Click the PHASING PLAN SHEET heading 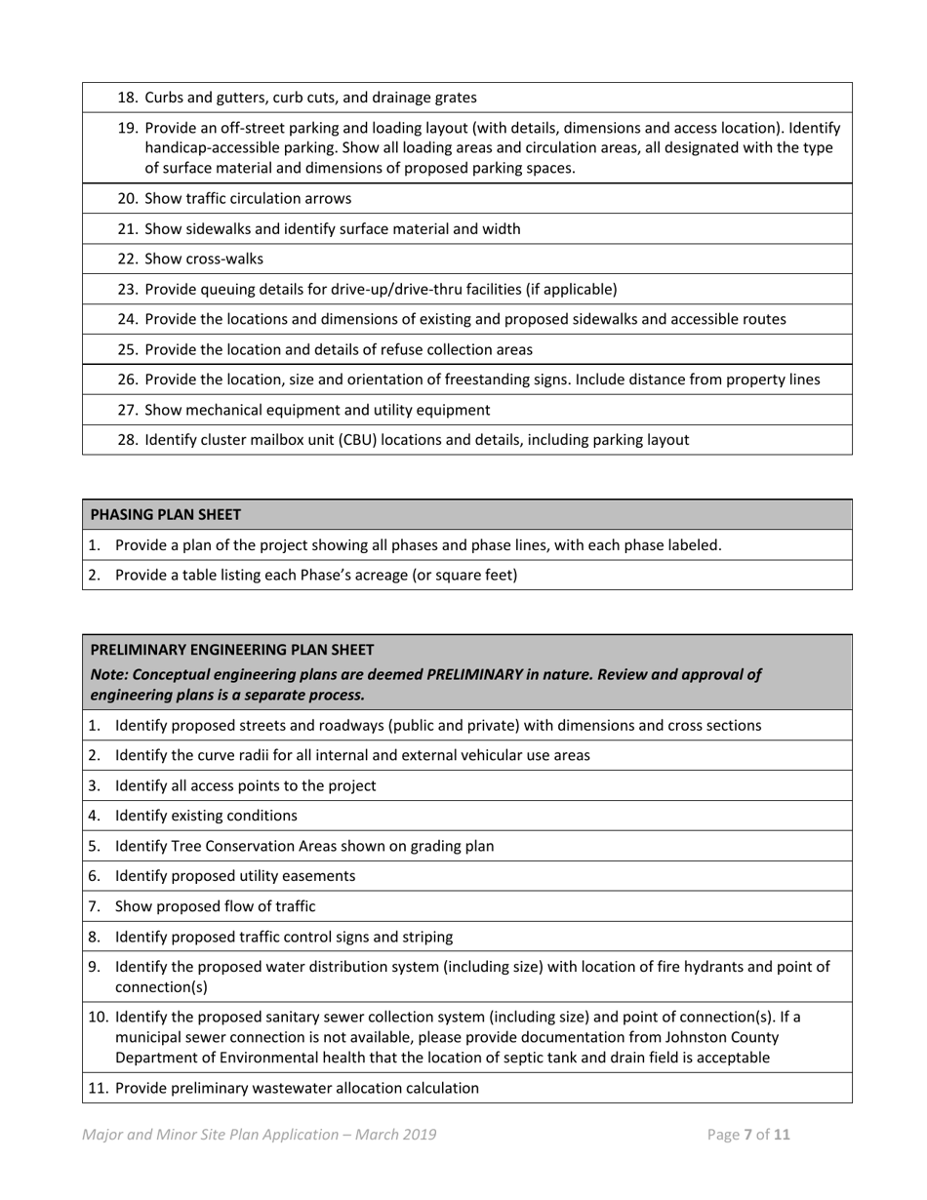165,514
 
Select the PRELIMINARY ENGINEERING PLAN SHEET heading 231,649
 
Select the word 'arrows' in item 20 328,198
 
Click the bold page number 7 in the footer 748,1135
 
